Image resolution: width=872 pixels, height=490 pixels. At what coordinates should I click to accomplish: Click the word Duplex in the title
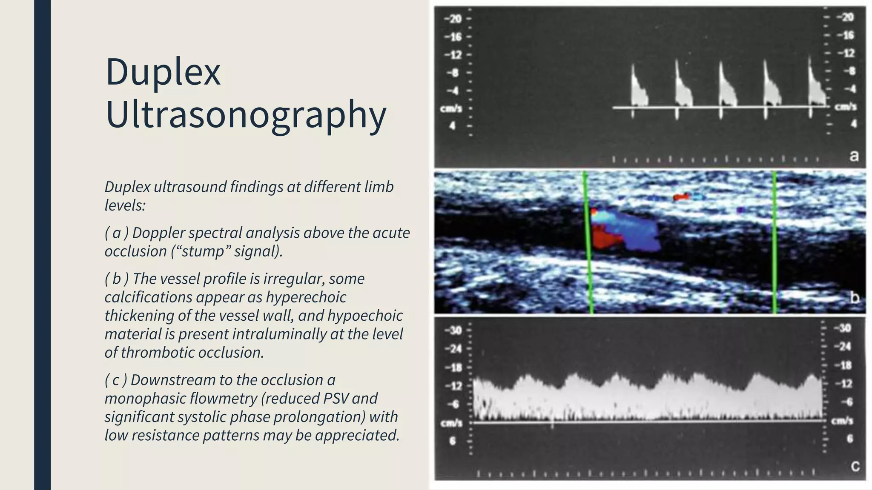pos(163,72)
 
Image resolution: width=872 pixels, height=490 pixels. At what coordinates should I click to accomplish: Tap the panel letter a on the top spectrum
pos(854,156)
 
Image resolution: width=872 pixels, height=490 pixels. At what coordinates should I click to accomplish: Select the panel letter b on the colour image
pos(854,297)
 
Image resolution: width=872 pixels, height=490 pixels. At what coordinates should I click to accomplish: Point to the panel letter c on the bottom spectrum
pos(855,466)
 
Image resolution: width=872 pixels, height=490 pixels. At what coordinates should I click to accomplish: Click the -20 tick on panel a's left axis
pos(453,19)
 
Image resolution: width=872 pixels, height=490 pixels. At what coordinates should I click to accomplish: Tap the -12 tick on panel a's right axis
pos(846,53)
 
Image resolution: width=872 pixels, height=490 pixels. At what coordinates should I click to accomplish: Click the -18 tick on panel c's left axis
pos(454,367)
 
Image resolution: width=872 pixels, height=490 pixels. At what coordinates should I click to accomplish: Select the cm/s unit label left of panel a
pos(451,109)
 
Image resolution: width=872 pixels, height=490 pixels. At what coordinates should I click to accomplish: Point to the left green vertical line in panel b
pos(588,242)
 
